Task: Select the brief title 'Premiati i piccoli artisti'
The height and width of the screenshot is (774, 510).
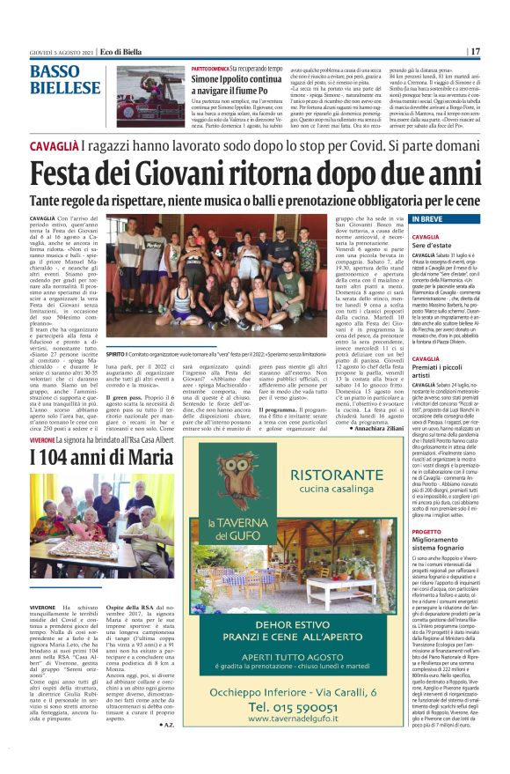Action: coord(440,365)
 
